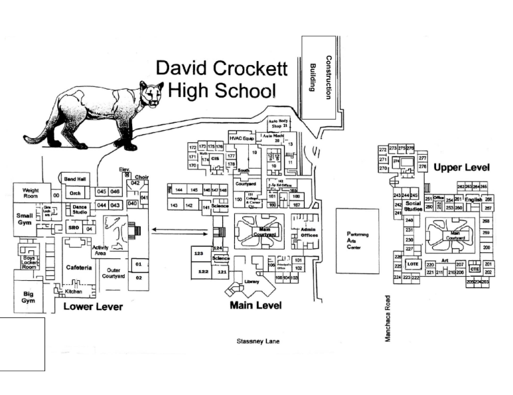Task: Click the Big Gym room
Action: pyautogui.click(x=28, y=296)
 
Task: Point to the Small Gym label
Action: pyautogui.click(x=25, y=218)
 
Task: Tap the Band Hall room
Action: pyautogui.click(x=74, y=179)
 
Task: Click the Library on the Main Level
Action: pyautogui.click(x=252, y=282)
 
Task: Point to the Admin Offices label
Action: pyautogui.click(x=309, y=232)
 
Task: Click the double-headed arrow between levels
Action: pyautogui.click(x=176, y=230)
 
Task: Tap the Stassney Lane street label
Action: pyautogui.click(x=259, y=341)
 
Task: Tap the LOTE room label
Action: pyautogui.click(x=413, y=264)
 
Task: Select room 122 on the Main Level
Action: pyautogui.click(x=203, y=272)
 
